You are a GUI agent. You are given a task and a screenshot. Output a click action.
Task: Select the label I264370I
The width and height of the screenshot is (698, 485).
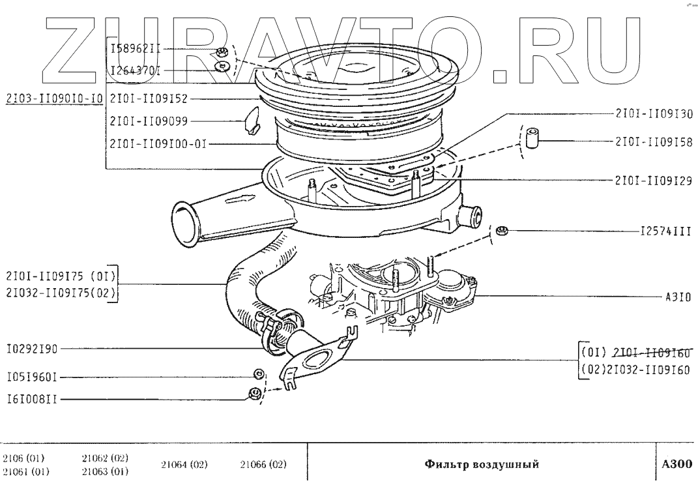point(136,69)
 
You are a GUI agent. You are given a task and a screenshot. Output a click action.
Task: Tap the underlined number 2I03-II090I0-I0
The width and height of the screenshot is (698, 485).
point(54,99)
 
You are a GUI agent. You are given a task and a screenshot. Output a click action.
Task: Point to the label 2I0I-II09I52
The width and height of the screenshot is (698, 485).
point(149,99)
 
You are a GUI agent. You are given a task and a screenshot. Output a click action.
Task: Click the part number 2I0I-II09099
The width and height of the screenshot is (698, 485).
point(149,121)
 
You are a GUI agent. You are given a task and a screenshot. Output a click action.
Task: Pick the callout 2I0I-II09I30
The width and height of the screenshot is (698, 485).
point(654,113)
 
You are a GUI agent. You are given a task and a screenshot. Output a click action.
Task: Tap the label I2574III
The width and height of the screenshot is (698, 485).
point(665,231)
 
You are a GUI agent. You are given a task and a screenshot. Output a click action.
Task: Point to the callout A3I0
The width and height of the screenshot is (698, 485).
point(678,296)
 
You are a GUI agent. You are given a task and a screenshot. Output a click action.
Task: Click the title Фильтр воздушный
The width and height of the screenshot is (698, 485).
point(482,465)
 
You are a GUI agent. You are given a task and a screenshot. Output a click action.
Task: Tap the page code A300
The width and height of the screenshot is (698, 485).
point(677,465)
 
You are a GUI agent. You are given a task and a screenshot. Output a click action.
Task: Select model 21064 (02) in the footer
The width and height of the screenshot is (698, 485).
point(184,465)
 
